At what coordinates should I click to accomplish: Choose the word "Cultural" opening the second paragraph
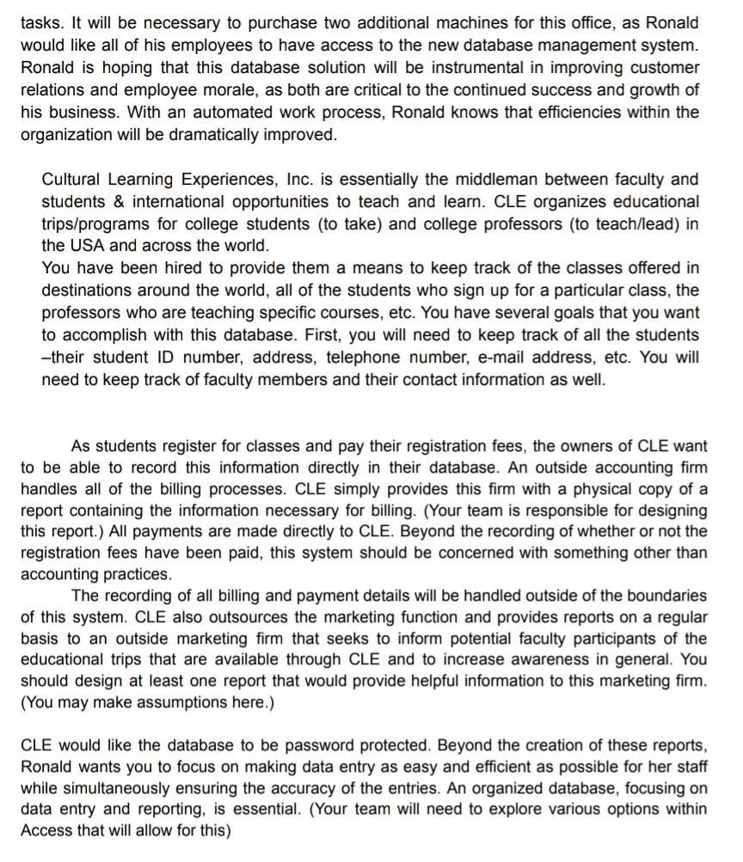tap(74, 180)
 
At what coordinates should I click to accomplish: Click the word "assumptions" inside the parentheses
tap(200, 706)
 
